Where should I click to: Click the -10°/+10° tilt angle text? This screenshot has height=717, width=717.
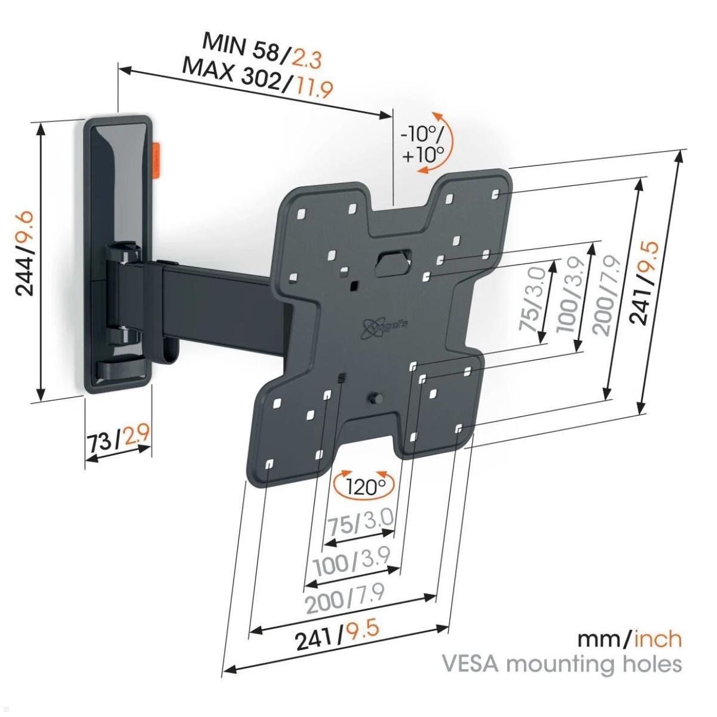click(x=423, y=144)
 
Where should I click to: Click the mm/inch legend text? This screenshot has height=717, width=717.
click(x=629, y=639)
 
